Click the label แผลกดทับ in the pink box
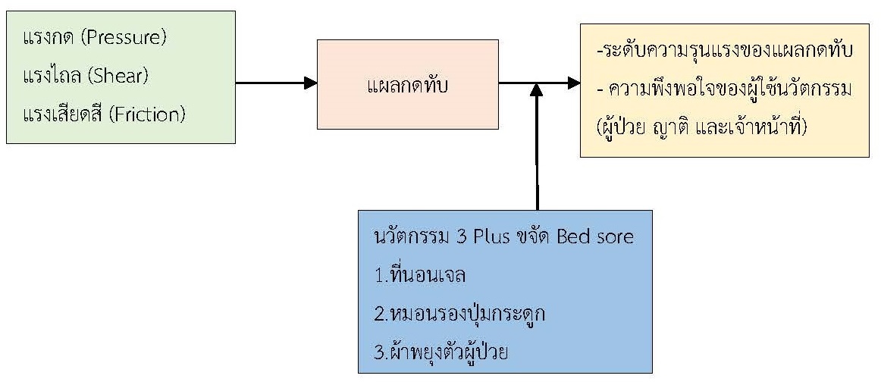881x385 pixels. (x=407, y=84)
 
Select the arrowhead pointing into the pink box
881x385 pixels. (x=309, y=83)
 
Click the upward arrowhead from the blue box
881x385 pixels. (x=537, y=90)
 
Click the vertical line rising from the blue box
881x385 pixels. (x=537, y=152)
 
